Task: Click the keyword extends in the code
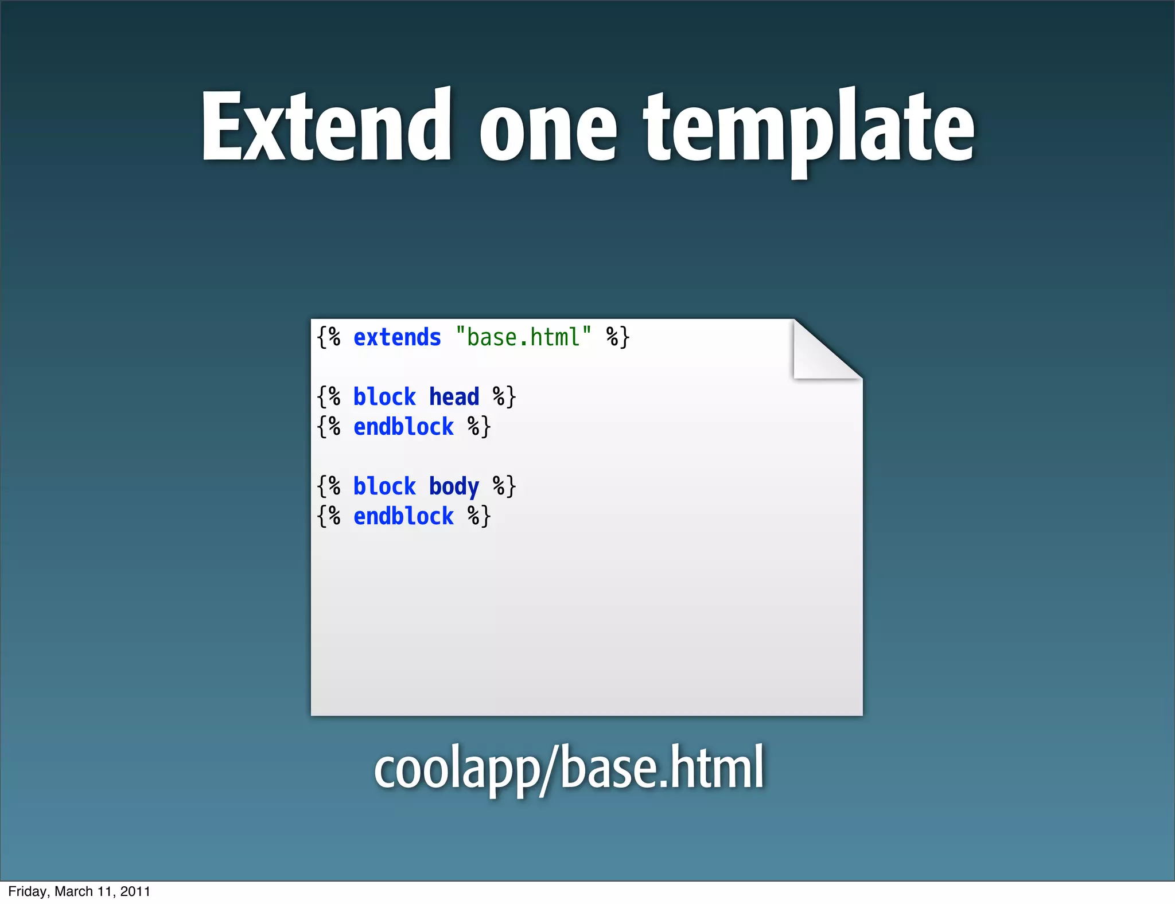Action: (397, 337)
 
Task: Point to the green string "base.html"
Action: (523, 337)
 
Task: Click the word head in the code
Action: (454, 397)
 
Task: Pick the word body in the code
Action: (454, 487)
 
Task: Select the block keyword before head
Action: (384, 397)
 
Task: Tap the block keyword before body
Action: (384, 486)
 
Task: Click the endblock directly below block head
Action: (403, 427)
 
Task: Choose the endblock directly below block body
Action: (403, 517)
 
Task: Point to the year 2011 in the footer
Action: (135, 891)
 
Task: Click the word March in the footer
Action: (73, 891)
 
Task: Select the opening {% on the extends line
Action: (329, 337)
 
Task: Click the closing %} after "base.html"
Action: (618, 337)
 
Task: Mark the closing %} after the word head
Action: (504, 397)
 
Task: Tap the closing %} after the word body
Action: (504, 486)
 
